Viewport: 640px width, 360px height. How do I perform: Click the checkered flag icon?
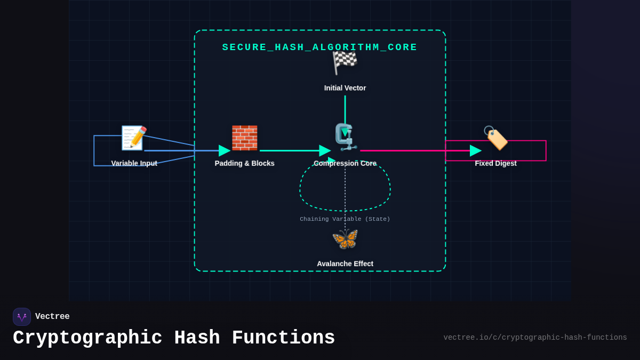pyautogui.click(x=345, y=62)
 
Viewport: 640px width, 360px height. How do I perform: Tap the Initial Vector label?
pyautogui.click(x=345, y=88)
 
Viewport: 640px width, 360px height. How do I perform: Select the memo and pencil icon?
pyautogui.click(x=134, y=138)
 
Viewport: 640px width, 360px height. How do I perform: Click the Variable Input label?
pyautogui.click(x=134, y=163)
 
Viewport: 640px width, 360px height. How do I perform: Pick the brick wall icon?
pyautogui.click(x=244, y=138)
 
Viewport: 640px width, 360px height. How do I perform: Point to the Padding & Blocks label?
pyautogui.click(x=244, y=163)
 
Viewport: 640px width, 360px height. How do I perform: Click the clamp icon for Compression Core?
pyautogui.click(x=346, y=137)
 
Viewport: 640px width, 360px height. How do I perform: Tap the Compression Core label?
pyautogui.click(x=345, y=163)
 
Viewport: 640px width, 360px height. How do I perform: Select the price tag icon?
pyautogui.click(x=495, y=138)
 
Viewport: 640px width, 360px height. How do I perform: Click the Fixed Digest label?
pyautogui.click(x=495, y=163)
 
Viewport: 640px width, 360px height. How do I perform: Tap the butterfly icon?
pyautogui.click(x=345, y=239)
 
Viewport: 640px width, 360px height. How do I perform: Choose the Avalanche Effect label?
pyautogui.click(x=345, y=263)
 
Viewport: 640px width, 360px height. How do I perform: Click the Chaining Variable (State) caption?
pyautogui.click(x=345, y=219)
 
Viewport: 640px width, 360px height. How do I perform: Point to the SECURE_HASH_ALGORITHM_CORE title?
pyautogui.click(x=319, y=47)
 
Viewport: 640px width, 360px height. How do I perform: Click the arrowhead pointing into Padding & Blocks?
pyautogui.click(x=224, y=150)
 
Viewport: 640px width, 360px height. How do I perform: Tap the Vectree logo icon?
pyautogui.click(x=22, y=317)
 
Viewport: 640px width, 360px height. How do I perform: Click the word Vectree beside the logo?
pyautogui.click(x=52, y=317)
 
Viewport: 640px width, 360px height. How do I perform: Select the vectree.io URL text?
pyautogui.click(x=535, y=338)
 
